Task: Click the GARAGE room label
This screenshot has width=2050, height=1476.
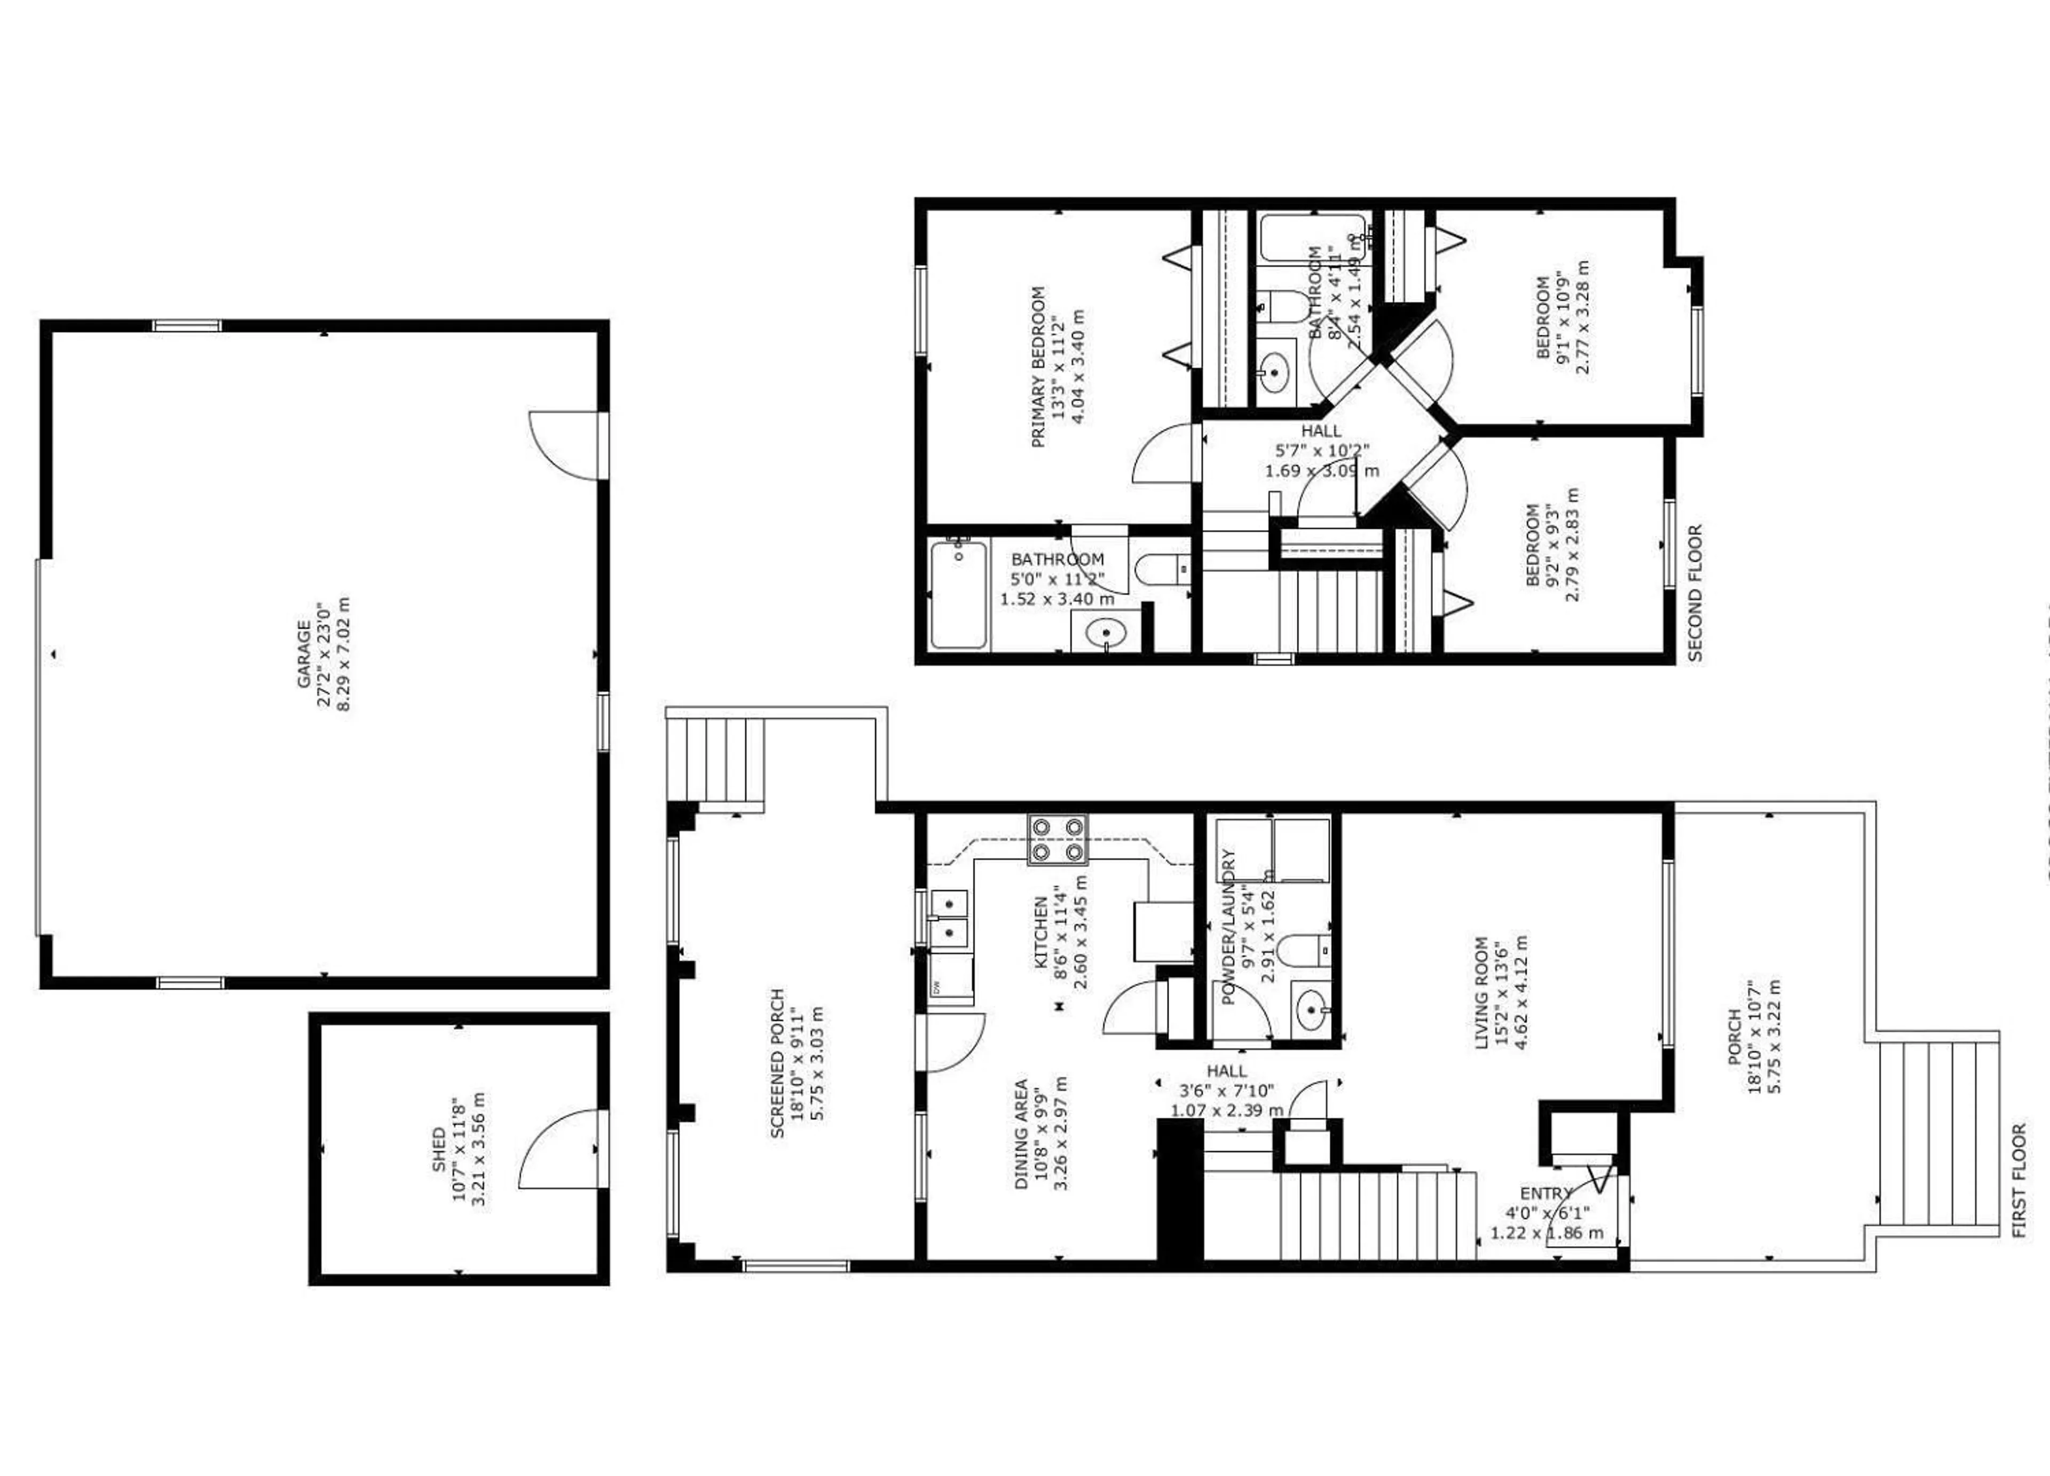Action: (305, 652)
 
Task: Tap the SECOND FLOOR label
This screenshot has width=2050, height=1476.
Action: (1695, 593)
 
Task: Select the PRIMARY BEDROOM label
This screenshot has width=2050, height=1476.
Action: (1038, 366)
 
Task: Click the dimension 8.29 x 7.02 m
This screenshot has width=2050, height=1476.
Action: (343, 652)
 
